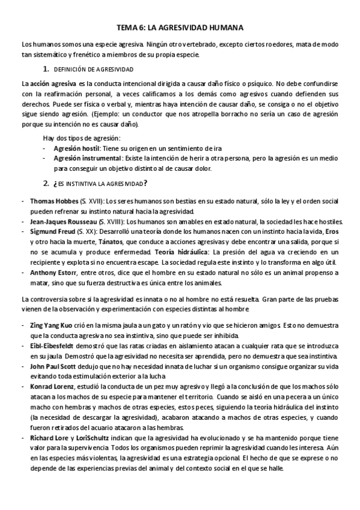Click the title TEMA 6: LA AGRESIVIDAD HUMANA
coord(180,28)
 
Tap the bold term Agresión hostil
coord(78,148)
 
